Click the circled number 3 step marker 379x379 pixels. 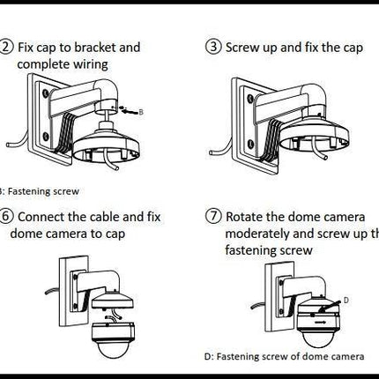pos(214,48)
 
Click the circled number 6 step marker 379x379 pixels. pos(7,216)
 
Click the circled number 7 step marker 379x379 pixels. pos(214,216)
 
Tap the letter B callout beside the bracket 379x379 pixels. pos(142,112)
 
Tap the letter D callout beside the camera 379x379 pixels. pos(346,300)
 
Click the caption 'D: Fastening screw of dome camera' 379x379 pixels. pos(273,357)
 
